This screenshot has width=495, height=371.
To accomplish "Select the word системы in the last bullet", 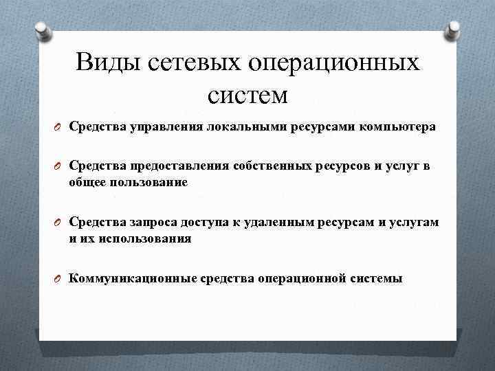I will tap(377, 278).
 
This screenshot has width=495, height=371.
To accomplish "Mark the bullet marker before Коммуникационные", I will tap(60, 279).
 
